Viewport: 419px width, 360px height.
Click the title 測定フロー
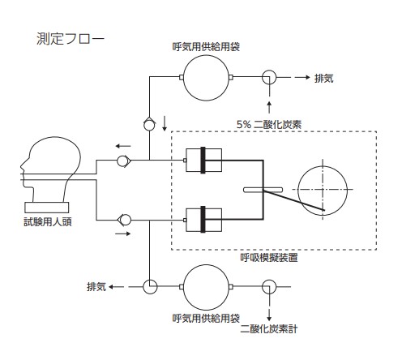click(x=71, y=39)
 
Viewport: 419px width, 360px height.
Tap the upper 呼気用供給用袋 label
click(x=206, y=47)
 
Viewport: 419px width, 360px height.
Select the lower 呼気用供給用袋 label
click(x=206, y=318)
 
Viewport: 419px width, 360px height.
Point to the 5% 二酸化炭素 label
click(x=269, y=124)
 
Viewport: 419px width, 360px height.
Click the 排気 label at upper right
click(x=324, y=79)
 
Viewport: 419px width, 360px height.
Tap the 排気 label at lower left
click(x=96, y=287)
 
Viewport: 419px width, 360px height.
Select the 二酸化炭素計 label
click(x=269, y=329)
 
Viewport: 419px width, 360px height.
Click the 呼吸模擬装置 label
click(x=269, y=258)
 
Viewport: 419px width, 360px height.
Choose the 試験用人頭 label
click(x=48, y=222)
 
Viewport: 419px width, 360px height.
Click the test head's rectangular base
click(x=47, y=208)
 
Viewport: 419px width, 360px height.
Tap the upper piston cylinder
click(x=204, y=160)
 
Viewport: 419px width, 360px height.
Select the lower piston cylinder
click(x=204, y=220)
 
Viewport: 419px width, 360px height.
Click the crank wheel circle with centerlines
click(x=298, y=191)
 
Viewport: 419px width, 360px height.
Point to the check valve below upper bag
click(x=149, y=125)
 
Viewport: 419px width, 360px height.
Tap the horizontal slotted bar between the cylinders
click(x=263, y=190)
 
